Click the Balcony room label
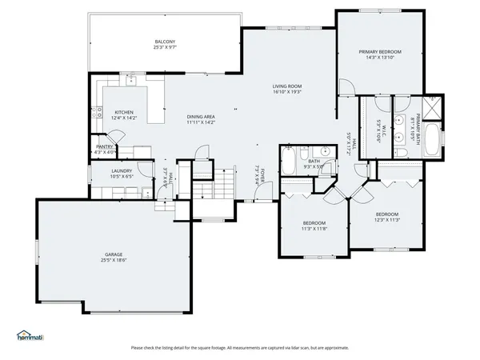[165, 42]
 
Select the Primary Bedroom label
[380, 51]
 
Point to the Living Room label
[286, 86]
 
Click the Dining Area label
[201, 117]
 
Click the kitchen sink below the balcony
[130, 80]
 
